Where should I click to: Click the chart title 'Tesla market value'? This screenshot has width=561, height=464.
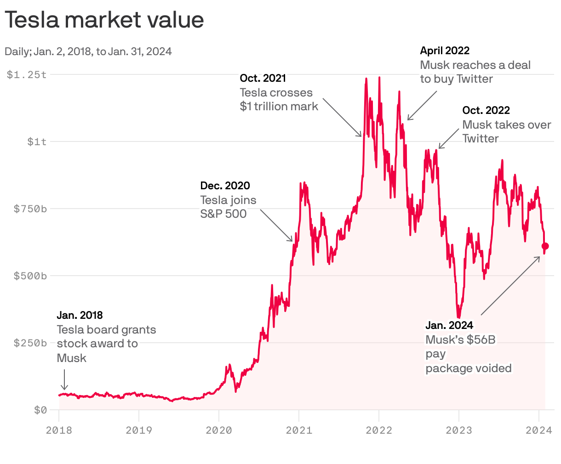click(104, 20)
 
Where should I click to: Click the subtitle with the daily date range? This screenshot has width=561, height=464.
click(88, 51)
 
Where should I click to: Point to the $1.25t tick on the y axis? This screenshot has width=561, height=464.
click(27, 74)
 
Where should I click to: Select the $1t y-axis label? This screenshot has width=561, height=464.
click(37, 141)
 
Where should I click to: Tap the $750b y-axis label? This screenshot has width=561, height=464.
click(30, 209)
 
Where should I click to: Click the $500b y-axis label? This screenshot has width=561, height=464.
click(30, 276)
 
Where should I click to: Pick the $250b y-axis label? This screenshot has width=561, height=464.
click(30, 343)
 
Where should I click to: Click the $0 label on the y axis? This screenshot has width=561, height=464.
click(40, 410)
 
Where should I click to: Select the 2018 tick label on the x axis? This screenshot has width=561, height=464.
click(59, 430)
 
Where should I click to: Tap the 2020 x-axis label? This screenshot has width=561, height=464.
click(219, 430)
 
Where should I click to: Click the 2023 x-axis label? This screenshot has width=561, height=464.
click(459, 430)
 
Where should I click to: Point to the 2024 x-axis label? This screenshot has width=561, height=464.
click(539, 430)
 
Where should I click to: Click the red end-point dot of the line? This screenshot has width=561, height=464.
click(545, 246)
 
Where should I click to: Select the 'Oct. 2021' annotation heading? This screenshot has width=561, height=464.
click(263, 79)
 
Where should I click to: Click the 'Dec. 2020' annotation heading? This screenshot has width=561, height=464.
click(225, 186)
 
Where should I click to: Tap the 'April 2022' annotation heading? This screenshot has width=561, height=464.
click(445, 51)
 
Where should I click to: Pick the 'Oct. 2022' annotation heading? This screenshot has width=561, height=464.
click(486, 111)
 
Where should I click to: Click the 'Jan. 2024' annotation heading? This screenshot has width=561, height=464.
click(449, 326)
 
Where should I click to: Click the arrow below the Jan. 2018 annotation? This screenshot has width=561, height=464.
click(64, 379)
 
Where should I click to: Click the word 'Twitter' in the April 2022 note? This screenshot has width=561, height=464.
click(475, 79)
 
